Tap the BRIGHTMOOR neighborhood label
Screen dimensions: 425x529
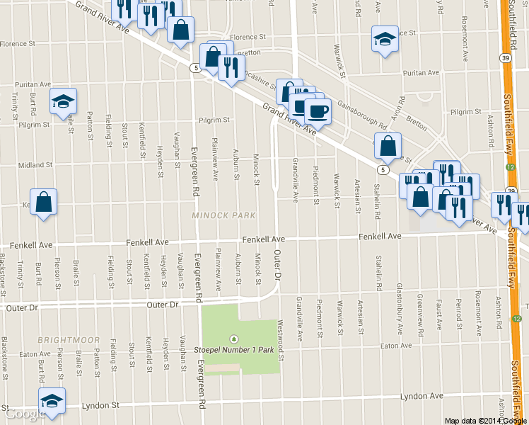coord(69,340)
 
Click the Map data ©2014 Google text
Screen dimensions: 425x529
coord(486,421)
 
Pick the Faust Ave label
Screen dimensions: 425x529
coord(439,313)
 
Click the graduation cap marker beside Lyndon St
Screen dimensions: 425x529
coord(52,401)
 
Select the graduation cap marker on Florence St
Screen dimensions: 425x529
coord(385,38)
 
